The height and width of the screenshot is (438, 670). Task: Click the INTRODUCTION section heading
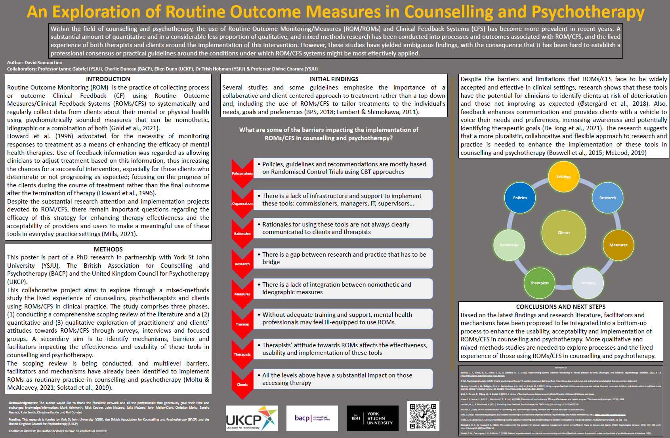[108, 79]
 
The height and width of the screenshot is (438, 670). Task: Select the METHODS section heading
[108, 249]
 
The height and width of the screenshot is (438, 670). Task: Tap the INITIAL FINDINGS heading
[334, 79]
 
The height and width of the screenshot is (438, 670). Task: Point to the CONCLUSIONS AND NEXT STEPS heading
[561, 307]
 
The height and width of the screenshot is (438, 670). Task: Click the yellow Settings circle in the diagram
[563, 177]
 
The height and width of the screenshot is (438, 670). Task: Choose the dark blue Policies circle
[520, 198]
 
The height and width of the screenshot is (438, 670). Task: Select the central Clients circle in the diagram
[563, 233]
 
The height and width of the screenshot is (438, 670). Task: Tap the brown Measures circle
[618, 245]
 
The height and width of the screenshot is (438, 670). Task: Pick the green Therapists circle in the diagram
[539, 283]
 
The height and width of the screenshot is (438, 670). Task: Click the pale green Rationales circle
[509, 245]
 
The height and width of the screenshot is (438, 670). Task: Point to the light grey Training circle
[588, 283]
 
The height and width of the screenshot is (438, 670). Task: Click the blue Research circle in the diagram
[607, 198]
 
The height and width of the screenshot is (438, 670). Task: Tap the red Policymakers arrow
[242, 173]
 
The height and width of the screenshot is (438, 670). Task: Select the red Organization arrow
[242, 204]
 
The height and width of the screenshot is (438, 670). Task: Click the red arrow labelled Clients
[242, 385]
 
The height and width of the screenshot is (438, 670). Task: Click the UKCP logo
[252, 418]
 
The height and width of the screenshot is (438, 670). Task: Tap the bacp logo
[312, 418]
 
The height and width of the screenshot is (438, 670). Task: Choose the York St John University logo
[372, 418]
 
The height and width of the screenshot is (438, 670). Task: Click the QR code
[423, 416]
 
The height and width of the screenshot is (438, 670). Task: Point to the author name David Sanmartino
[43, 63]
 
